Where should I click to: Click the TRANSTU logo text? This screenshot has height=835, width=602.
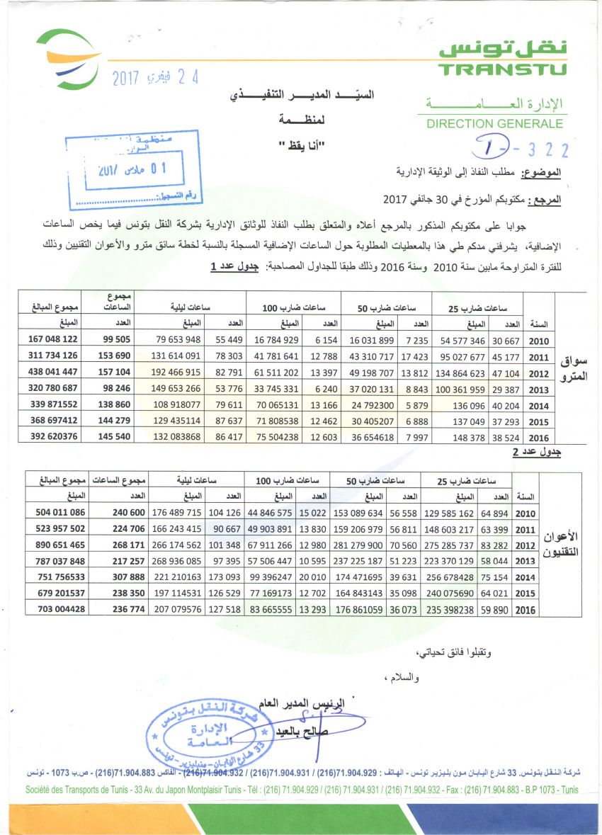502,69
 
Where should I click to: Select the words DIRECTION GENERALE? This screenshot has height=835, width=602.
494,124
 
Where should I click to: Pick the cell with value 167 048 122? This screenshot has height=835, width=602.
50,340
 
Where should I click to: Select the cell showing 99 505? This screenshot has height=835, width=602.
107,340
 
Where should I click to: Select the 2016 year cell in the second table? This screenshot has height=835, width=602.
527,610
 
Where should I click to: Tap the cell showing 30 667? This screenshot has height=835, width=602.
506,340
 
